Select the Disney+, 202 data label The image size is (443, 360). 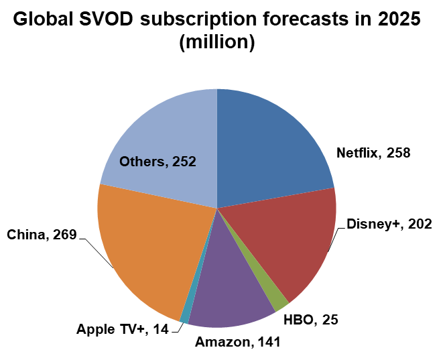click(x=389, y=224)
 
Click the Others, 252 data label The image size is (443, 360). click(x=157, y=161)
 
